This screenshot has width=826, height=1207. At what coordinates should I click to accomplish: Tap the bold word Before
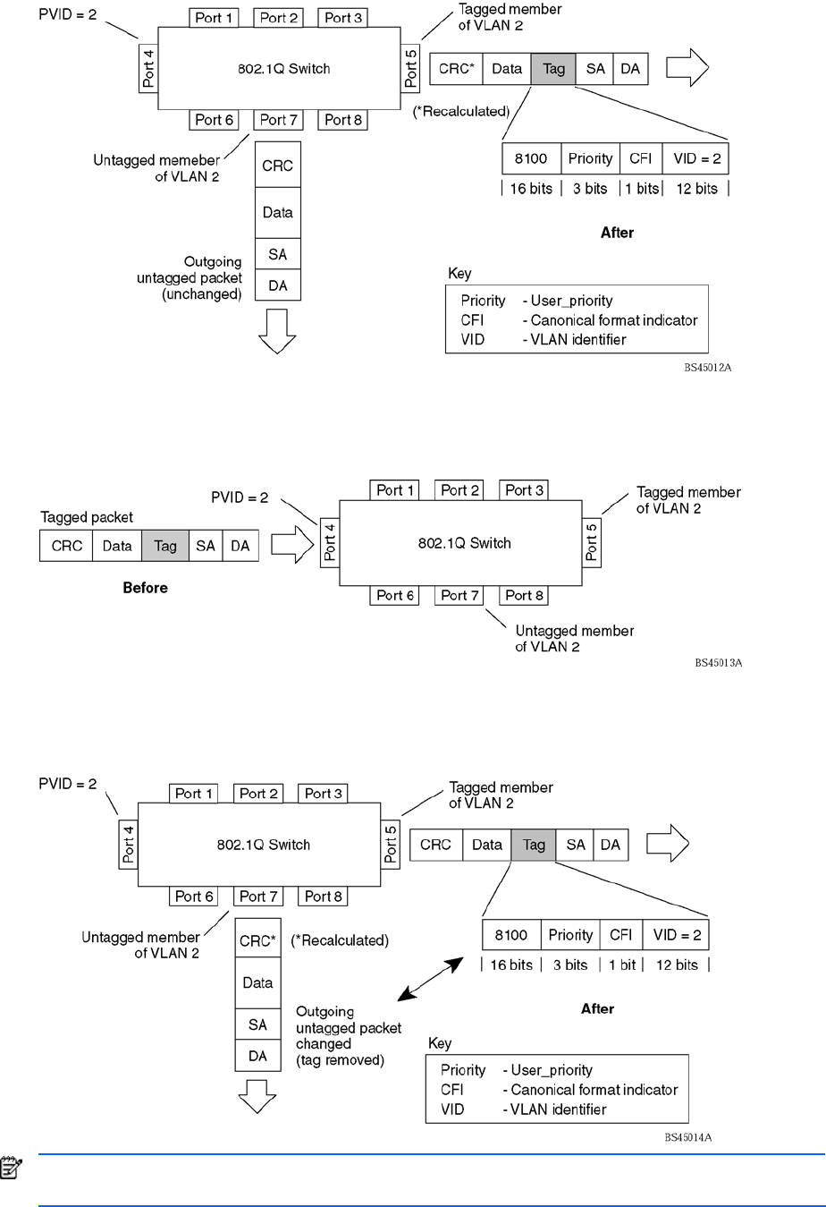click(x=145, y=588)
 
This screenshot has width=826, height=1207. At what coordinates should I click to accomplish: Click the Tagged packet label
click(x=87, y=517)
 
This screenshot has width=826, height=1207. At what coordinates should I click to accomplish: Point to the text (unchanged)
click(x=202, y=294)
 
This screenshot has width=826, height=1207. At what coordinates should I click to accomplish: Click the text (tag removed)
click(x=340, y=1060)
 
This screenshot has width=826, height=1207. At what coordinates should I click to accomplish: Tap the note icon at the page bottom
click(x=12, y=1168)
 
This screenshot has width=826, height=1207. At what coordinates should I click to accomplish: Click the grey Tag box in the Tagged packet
click(x=165, y=546)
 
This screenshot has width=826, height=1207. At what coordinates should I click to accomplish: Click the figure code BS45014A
click(x=687, y=1138)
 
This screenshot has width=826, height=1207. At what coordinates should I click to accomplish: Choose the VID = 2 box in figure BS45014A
click(x=677, y=935)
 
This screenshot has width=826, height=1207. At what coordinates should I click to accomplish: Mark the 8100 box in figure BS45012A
click(x=531, y=159)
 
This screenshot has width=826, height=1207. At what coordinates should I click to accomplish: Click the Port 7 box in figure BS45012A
click(x=279, y=120)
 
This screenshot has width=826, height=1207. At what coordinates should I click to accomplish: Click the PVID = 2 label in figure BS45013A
click(x=240, y=497)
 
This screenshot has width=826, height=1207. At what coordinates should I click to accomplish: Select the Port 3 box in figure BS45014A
click(x=323, y=794)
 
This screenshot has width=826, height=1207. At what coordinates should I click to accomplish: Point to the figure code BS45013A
click(x=719, y=663)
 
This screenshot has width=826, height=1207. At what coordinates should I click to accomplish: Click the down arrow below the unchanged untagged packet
click(x=277, y=330)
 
